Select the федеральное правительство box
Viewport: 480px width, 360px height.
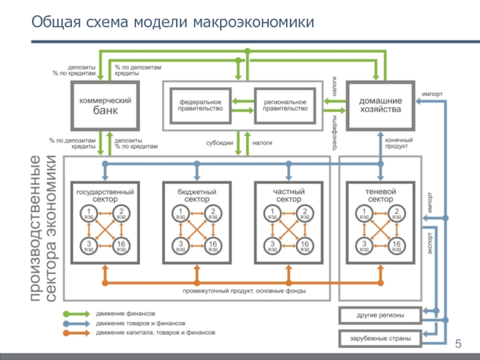coord(200,106)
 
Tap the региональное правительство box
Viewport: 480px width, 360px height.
coord(285,106)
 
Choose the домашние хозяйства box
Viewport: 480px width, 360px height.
coord(380,106)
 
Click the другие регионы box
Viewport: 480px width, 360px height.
coord(380,315)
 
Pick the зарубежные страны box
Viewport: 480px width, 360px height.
coord(380,338)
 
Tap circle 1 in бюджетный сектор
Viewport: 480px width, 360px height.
coord(180,212)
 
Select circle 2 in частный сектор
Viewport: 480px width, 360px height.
coord(305,212)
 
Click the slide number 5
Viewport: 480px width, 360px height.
coord(459,344)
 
